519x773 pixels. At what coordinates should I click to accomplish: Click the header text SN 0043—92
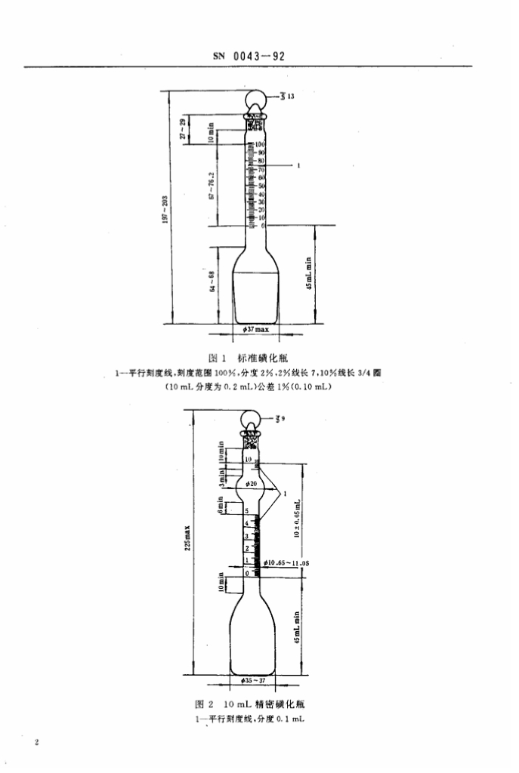point(251,56)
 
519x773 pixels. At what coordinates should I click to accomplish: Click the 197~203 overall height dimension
point(165,205)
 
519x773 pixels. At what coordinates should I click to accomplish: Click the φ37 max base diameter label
point(255,329)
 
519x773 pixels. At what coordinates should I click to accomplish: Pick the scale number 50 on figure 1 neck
point(262,185)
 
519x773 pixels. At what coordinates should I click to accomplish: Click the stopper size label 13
point(289,97)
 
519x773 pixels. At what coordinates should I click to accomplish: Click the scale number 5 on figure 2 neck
point(247,512)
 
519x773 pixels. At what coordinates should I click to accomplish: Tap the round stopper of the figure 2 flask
point(254,419)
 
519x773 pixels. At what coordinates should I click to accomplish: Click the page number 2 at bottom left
point(36,744)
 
